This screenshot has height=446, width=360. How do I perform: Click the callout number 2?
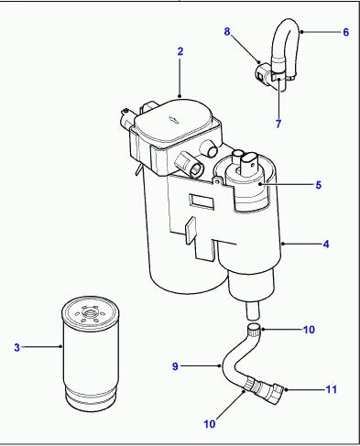180,51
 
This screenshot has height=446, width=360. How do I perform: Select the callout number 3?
16,347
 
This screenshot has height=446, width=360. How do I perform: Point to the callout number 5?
318,185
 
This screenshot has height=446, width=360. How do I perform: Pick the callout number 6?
345,32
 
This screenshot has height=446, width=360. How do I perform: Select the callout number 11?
331,389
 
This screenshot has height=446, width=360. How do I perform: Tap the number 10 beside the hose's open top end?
309,329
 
